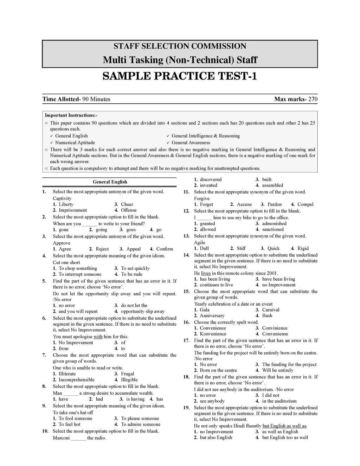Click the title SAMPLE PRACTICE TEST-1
(x=180, y=76)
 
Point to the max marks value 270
(x=313, y=99)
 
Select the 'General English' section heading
(x=110, y=182)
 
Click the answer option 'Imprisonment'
(x=72, y=210)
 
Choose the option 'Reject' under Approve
(x=102, y=249)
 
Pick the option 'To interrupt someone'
(x=80, y=274)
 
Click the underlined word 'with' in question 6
(x=98, y=337)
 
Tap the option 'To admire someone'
(x=141, y=424)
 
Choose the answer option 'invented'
(x=208, y=185)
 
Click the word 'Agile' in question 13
(x=200, y=243)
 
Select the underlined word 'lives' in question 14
(x=206, y=273)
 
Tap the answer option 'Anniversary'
(x=212, y=316)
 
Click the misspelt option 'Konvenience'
(x=213, y=334)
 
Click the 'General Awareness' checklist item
(x=191, y=143)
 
